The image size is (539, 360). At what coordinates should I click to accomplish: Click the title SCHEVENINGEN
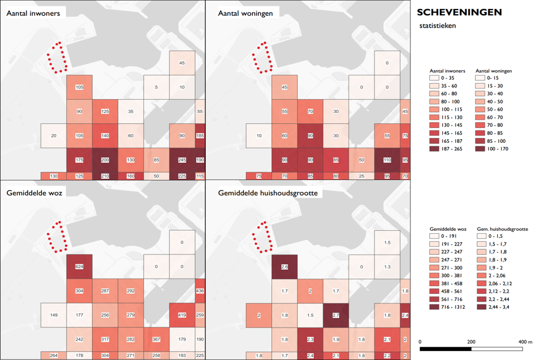coord(459,12)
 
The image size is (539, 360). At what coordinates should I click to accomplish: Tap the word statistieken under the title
coord(437,26)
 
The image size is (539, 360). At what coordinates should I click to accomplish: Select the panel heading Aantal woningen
coord(245,14)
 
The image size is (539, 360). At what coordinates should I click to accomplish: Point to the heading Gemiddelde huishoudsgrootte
coord(269,194)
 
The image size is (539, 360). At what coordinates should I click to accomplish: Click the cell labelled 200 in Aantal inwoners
coord(105,160)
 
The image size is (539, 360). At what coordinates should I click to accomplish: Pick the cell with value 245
coord(182,160)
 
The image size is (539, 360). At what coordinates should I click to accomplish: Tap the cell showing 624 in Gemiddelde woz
coord(79,267)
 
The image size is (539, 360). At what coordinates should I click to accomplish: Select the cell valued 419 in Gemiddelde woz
coord(182,315)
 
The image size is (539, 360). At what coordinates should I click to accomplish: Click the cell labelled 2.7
coord(336,316)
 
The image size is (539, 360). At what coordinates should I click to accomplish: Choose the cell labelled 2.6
coord(285,267)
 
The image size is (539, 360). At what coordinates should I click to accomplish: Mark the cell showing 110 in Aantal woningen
coord(387,160)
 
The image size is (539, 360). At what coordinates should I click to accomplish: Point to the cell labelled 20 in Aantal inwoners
coord(54,136)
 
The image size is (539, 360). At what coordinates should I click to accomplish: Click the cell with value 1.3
coord(387,267)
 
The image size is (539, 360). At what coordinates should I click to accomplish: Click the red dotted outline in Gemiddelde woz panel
coord(57,236)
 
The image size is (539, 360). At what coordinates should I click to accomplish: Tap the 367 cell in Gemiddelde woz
coord(156,339)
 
